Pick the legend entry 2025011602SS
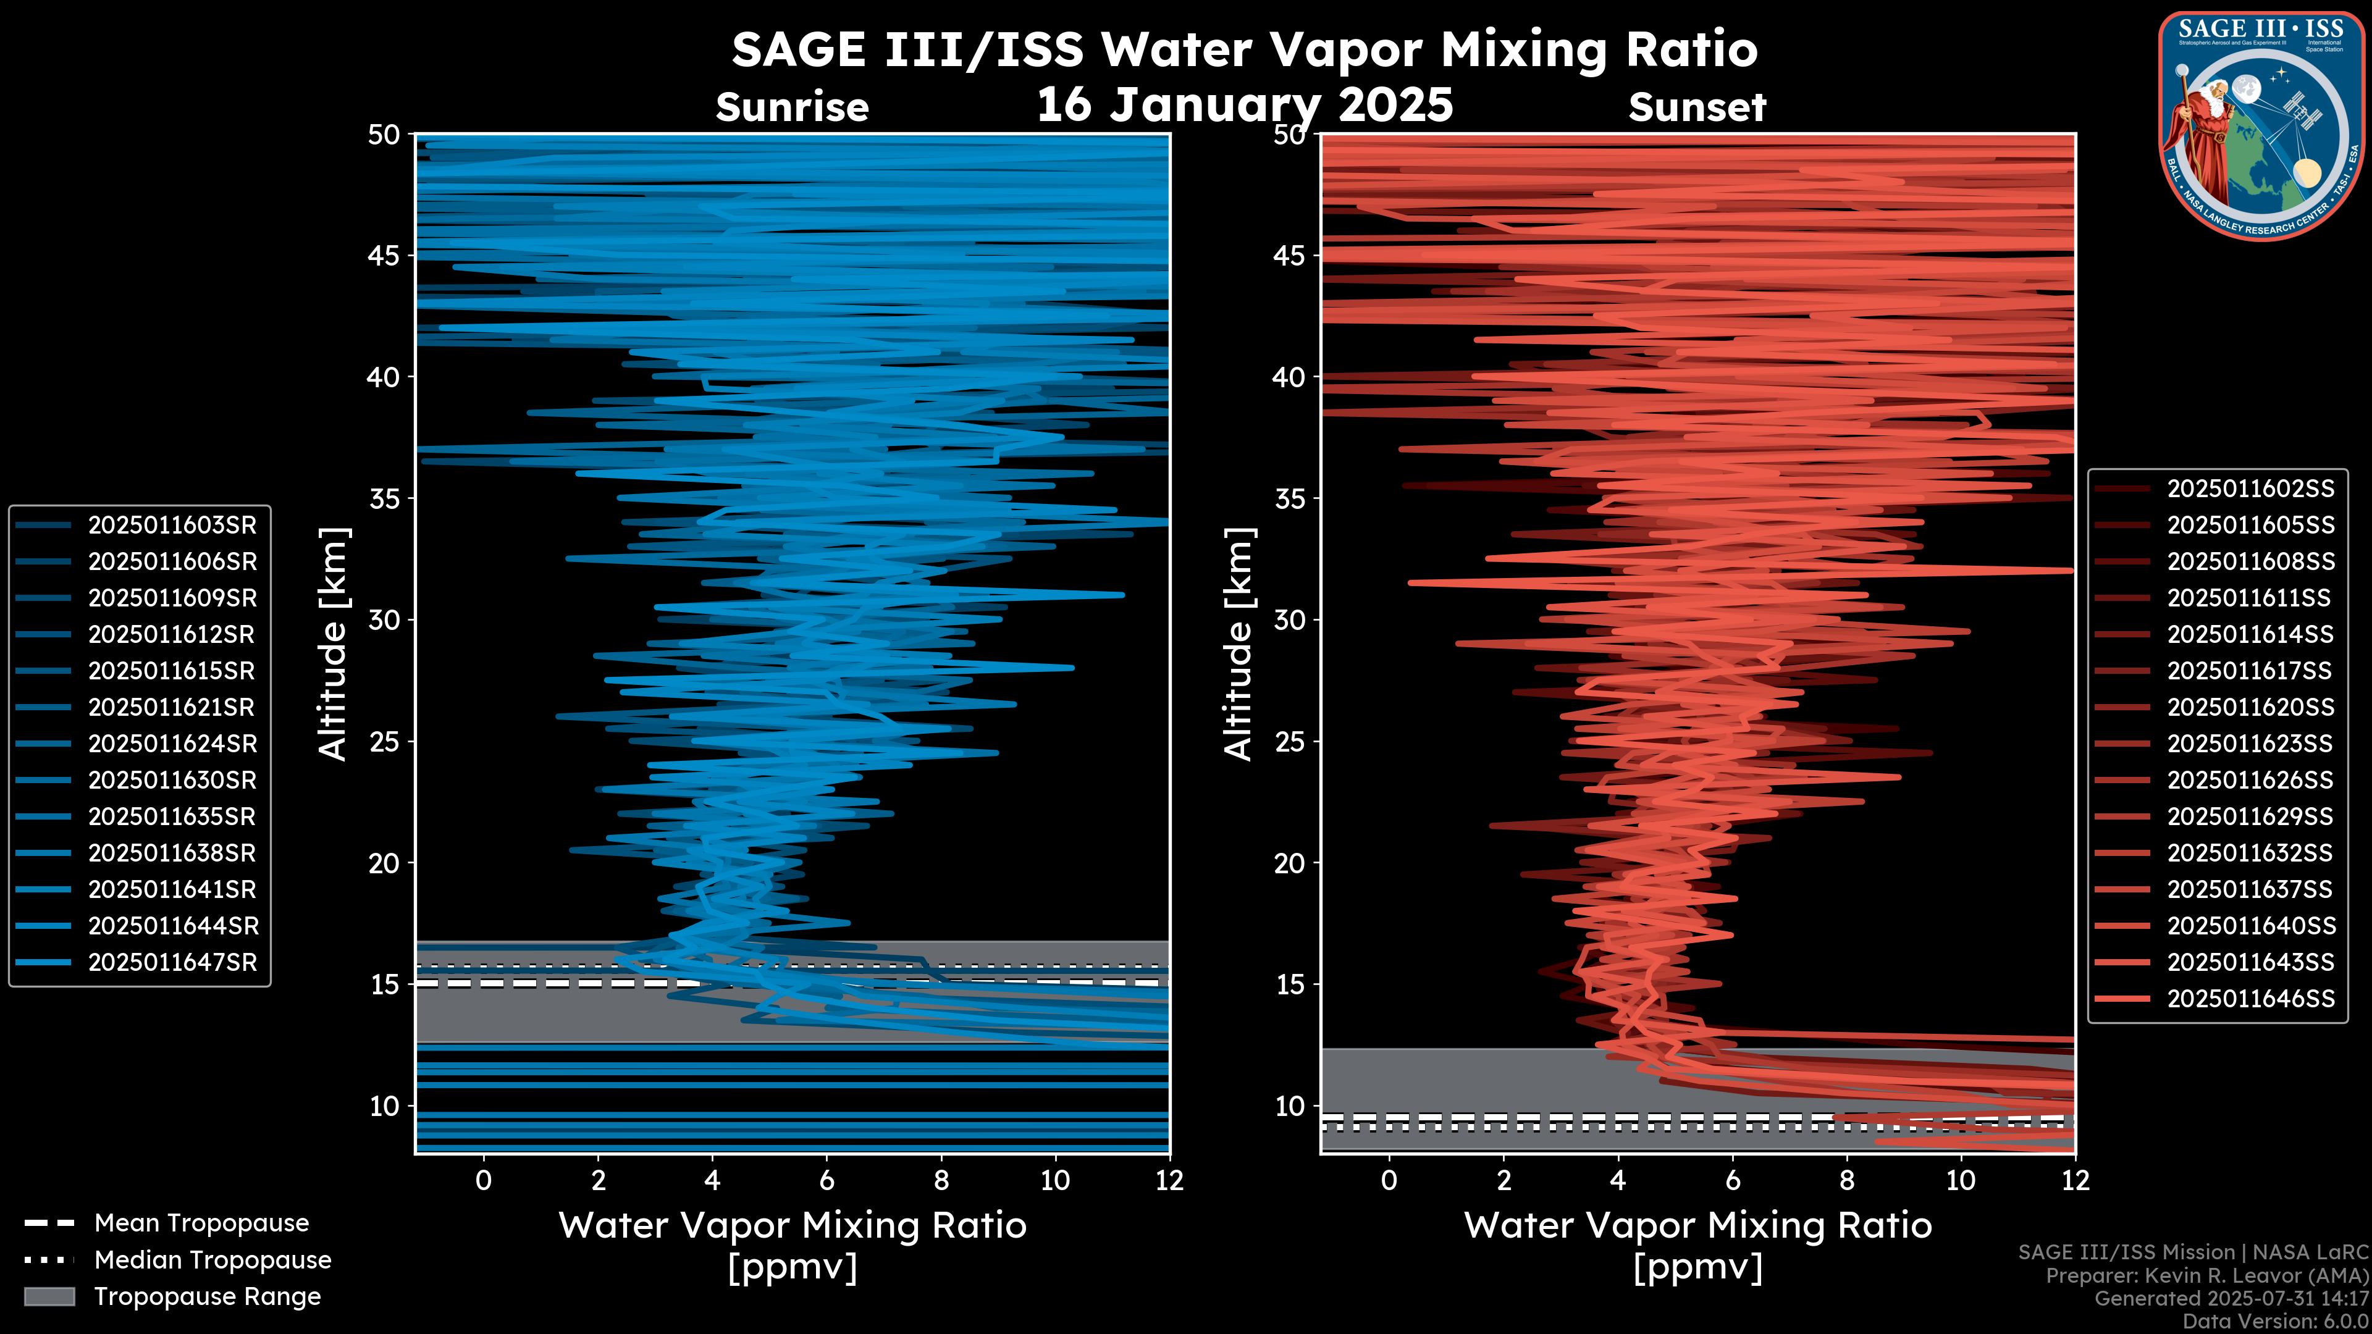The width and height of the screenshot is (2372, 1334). tap(2250, 488)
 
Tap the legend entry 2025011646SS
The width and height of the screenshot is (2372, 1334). tap(2250, 999)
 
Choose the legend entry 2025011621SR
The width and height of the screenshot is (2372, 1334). tap(171, 707)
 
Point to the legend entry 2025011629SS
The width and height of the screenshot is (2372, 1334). tap(2250, 816)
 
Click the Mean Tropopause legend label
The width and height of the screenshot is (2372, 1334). tap(201, 1223)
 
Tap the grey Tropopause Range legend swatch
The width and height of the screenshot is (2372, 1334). tap(49, 1296)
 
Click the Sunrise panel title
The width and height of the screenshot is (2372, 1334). tap(792, 107)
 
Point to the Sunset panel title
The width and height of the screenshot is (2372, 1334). tap(1697, 107)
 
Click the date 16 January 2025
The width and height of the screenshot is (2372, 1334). tap(1245, 105)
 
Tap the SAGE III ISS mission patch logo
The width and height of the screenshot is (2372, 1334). tap(2259, 125)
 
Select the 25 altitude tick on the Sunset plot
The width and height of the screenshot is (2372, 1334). tap(1291, 742)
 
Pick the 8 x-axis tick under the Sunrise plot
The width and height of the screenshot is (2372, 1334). tap(941, 1180)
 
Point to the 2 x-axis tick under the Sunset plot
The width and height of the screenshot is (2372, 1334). tap(1504, 1180)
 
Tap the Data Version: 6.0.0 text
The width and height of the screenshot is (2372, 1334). tap(2276, 1321)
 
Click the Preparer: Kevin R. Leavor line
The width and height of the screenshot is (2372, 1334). tap(2206, 1276)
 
